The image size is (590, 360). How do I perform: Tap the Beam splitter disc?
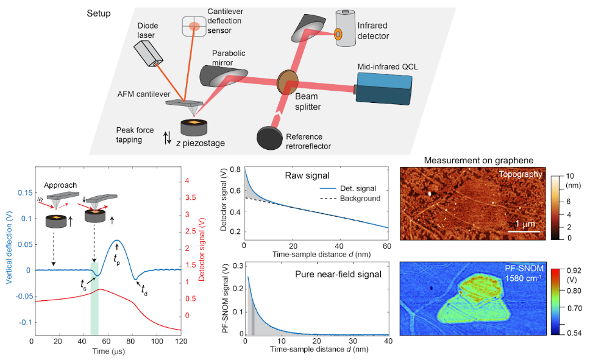(x=286, y=81)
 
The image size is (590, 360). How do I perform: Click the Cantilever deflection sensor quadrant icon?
(x=194, y=26)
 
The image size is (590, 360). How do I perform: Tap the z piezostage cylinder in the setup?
(x=196, y=130)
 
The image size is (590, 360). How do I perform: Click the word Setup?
(x=99, y=13)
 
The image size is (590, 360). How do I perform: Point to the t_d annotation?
(x=144, y=290)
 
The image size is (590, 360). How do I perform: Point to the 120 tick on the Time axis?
(x=180, y=342)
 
